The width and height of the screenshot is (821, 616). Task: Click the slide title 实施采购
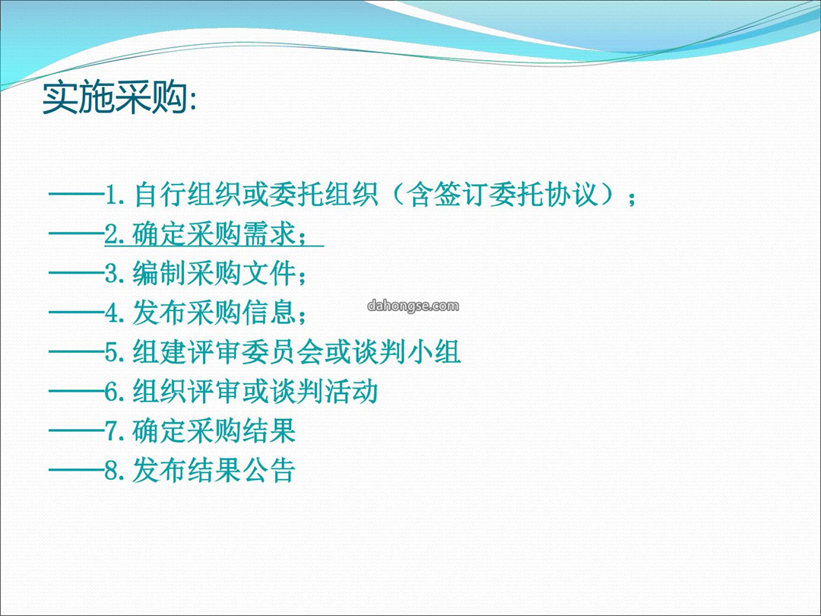click(115, 97)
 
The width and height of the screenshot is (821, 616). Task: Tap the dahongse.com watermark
click(413, 306)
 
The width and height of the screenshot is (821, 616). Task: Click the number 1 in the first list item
click(112, 195)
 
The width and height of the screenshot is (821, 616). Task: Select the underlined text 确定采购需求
click(214, 234)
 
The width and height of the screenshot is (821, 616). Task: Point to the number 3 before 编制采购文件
click(112, 274)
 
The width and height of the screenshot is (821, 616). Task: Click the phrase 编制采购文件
click(214, 274)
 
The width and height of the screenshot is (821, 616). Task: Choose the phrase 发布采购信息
click(214, 313)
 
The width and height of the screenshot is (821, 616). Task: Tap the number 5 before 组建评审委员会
click(112, 352)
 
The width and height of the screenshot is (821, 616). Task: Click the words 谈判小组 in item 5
click(405, 352)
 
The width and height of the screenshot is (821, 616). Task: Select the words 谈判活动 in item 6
click(323, 392)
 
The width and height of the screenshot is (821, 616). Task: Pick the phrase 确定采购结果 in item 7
click(214, 430)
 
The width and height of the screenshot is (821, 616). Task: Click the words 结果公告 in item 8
click(241, 470)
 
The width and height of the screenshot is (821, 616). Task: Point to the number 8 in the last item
click(112, 470)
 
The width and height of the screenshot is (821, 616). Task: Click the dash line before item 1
click(77, 195)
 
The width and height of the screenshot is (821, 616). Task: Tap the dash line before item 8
click(77, 470)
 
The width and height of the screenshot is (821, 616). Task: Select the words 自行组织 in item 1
click(187, 195)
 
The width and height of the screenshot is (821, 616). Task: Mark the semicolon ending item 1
click(632, 198)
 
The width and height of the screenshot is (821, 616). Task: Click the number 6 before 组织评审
click(112, 392)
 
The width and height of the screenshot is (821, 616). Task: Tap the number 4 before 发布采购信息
click(112, 313)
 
